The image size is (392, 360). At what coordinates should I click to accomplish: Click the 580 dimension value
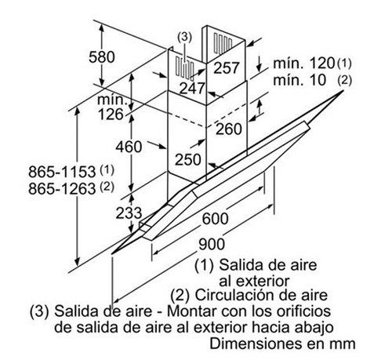(102, 57)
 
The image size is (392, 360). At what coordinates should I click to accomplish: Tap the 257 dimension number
(227, 67)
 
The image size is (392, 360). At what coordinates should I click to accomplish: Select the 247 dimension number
(192, 89)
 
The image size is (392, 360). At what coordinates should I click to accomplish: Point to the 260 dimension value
(229, 129)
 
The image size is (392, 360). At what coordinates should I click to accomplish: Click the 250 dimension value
(188, 159)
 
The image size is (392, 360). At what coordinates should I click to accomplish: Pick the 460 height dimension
(129, 147)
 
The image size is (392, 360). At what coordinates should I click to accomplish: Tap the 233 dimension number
(129, 213)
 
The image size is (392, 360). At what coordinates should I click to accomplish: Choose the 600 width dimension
(216, 219)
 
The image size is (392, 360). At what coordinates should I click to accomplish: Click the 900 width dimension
(212, 244)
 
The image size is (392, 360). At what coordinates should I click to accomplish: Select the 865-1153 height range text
(62, 172)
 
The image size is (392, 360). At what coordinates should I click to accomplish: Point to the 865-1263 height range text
(62, 188)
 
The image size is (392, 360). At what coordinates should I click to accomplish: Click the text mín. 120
(304, 64)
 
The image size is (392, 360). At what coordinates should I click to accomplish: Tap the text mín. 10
(299, 80)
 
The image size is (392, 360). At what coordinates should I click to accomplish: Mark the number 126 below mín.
(111, 115)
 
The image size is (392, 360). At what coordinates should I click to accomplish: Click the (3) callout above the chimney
(184, 37)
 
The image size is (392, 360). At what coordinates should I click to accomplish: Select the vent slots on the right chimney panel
(223, 43)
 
